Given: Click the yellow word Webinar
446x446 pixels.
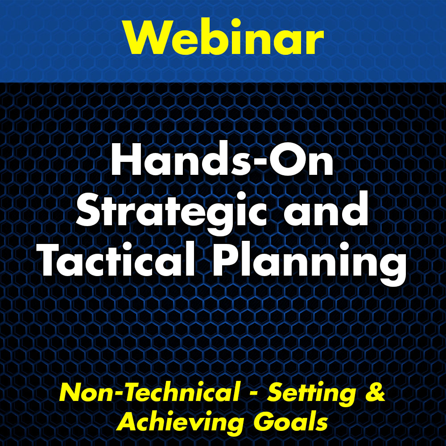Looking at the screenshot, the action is pyautogui.click(x=224, y=36).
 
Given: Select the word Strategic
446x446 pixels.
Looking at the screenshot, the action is pyautogui.click(x=172, y=212).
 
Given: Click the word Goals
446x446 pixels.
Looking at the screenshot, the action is pyautogui.click(x=290, y=421).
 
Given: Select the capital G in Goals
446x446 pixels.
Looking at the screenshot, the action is pyautogui.click(x=264, y=421).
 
